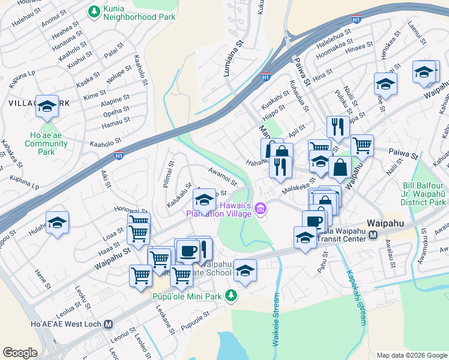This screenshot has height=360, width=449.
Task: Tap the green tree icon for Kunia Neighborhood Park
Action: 94,11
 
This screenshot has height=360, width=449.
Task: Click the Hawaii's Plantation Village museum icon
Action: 260,209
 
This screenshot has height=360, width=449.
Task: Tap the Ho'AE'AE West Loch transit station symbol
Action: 108,325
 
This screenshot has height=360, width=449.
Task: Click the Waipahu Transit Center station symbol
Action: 373,235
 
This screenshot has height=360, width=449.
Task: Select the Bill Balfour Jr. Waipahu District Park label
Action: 424,194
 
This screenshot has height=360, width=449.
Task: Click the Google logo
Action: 20,353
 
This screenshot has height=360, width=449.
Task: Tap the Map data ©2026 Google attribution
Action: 411,355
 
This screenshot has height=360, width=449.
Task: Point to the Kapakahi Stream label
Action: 355,298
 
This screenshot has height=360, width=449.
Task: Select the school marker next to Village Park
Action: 47,107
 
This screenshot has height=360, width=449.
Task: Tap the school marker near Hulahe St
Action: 57,223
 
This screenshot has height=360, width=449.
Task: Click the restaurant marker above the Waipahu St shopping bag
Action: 338,127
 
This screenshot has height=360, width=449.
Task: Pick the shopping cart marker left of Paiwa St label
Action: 362,145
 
